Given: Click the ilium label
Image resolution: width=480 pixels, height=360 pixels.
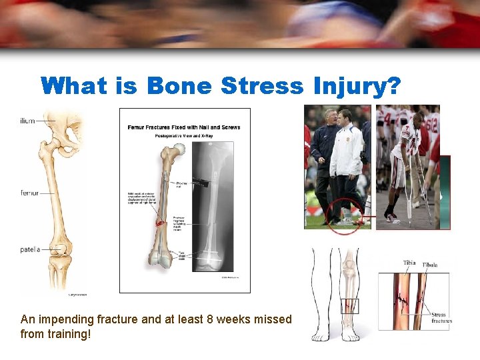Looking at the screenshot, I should [x=27, y=121].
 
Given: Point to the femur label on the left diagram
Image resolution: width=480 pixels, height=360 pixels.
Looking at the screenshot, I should [x=29, y=193].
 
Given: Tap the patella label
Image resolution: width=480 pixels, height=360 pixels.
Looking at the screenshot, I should [x=30, y=250].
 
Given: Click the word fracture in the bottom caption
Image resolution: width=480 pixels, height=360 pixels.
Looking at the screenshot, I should [x=108, y=319].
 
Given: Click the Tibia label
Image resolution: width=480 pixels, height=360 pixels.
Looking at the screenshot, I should [x=409, y=263].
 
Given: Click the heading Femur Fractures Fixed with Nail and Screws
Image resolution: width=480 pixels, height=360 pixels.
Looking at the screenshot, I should [x=184, y=127].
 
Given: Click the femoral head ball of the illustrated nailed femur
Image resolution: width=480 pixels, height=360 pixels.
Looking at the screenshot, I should [x=175, y=155].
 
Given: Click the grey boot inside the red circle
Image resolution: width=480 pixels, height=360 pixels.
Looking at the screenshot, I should [x=345, y=221].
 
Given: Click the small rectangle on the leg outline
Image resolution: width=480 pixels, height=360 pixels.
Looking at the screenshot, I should [x=349, y=306].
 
